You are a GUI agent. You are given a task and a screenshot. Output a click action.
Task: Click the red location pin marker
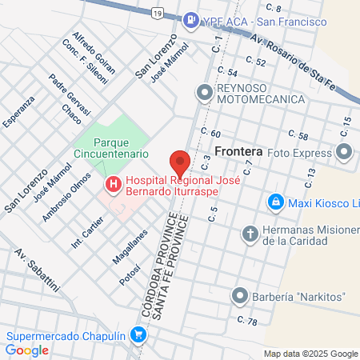[179, 163]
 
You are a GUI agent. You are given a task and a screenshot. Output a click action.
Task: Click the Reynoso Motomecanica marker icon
[204, 93]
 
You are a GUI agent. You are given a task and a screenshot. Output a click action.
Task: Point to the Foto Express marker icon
[345, 152]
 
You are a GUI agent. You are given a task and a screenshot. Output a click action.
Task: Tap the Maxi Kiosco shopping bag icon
[276, 202]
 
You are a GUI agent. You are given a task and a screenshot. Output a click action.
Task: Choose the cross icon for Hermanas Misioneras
[250, 234]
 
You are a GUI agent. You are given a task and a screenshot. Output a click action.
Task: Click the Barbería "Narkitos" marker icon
[238, 297]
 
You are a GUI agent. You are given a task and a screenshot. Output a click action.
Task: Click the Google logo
[27, 350]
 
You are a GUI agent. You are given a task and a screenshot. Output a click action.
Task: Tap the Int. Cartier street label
[87, 232]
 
